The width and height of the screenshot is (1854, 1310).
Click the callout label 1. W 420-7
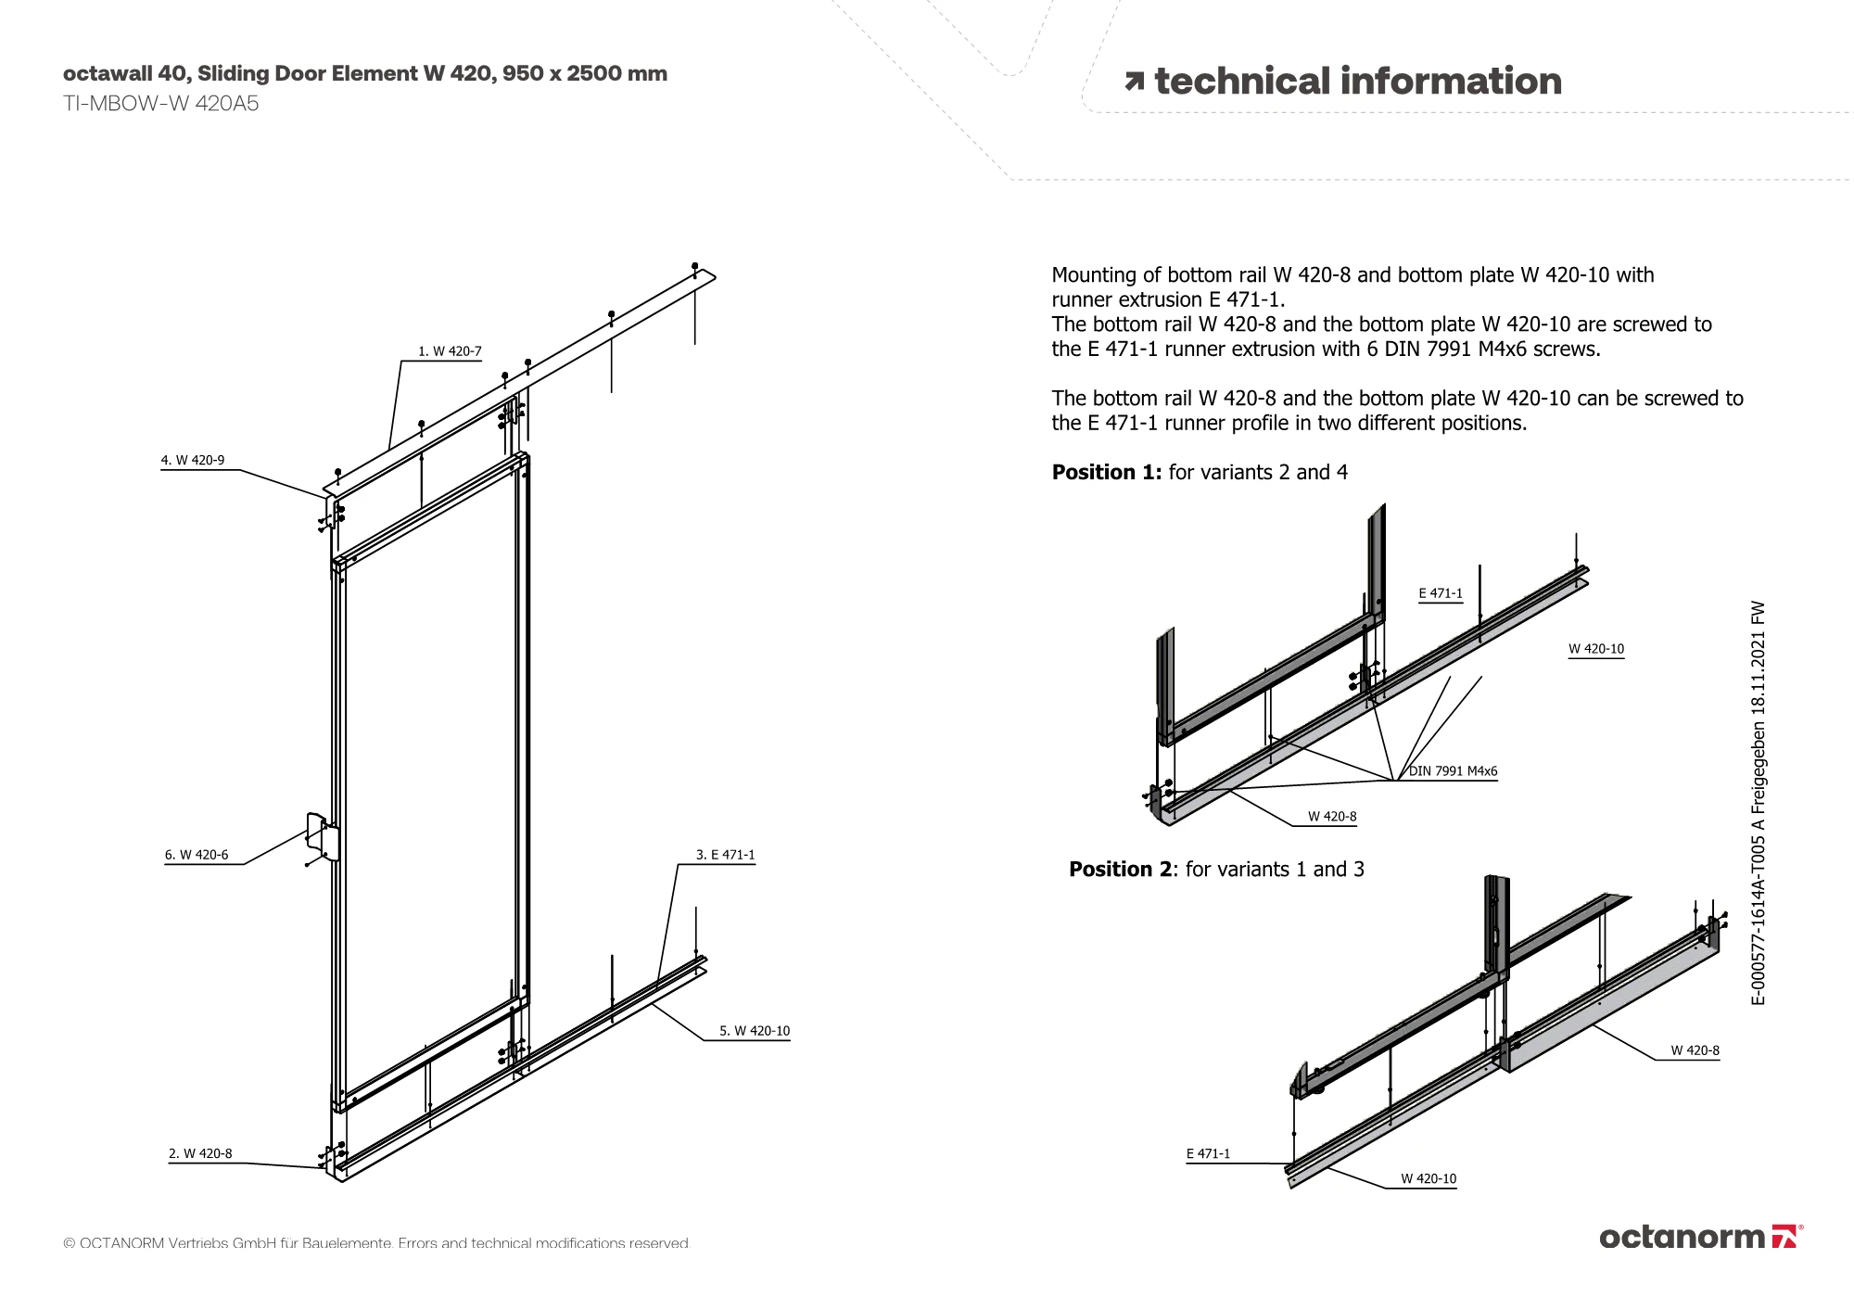450,351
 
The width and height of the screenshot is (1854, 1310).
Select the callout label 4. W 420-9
193,460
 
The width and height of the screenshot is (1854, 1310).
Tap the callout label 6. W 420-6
197,855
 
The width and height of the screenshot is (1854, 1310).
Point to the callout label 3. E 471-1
725,855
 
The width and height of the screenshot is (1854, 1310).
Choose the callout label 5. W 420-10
755,1031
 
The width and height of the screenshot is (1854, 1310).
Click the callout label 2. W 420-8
200,1153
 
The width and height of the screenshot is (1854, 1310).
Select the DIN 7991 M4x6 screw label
1454,771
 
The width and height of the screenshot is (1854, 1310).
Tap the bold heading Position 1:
1106,473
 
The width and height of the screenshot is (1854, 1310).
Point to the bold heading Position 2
1120,870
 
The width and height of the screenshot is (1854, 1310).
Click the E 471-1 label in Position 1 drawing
1441,593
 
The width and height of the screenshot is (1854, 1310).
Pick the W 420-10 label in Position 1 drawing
1596,649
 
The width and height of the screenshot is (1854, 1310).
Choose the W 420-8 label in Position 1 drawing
1332,817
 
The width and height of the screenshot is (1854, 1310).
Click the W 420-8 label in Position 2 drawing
1695,1050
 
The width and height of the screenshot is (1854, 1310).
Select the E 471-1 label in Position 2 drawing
1208,1154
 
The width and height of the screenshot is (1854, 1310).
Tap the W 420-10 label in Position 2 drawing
1429,1179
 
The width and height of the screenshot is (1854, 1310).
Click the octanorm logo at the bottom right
1700,1237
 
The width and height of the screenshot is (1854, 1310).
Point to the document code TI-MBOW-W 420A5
160,104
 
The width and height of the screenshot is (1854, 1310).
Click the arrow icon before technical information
1134,83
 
